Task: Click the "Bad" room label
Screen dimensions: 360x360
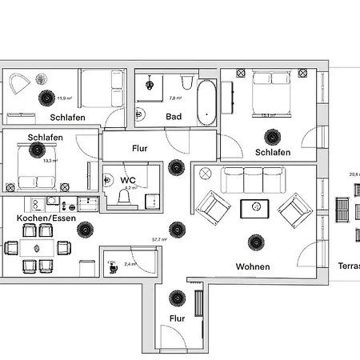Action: [x=174, y=116]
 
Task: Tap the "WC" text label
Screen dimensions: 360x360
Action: [x=128, y=180]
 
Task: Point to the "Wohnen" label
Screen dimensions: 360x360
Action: [x=253, y=266]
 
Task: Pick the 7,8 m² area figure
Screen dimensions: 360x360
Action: [x=174, y=98]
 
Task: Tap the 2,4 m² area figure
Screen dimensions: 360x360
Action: [x=130, y=263]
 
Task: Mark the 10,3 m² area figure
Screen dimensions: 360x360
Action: [x=51, y=161]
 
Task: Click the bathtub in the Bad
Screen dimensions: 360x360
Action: [x=206, y=102]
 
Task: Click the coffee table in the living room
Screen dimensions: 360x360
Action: [x=256, y=208]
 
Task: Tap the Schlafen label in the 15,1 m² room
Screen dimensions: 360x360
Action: [x=273, y=152]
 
